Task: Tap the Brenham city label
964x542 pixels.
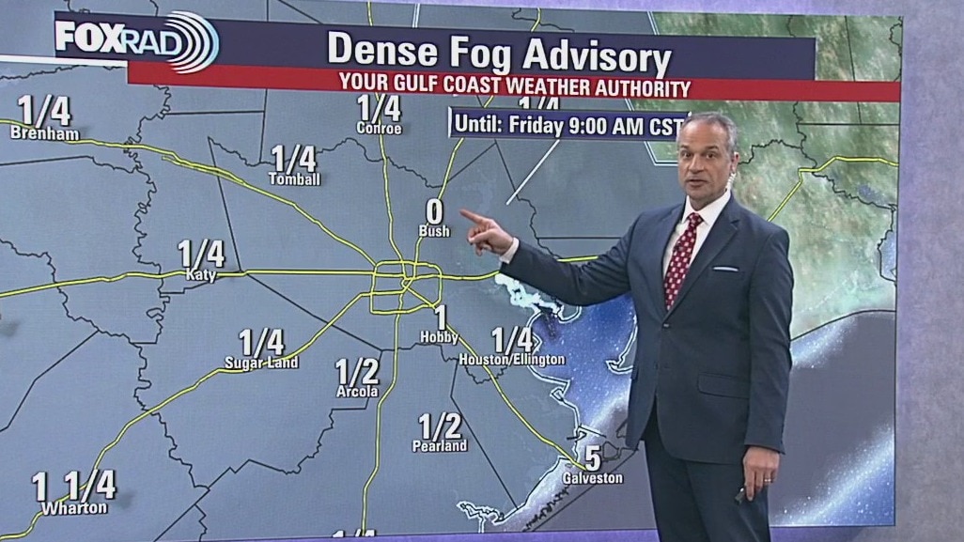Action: point(44,133)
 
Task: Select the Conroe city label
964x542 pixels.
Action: point(379,129)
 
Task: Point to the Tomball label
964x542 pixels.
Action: point(294,178)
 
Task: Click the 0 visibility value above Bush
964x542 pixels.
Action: point(434,212)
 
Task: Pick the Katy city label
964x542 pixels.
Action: point(201,275)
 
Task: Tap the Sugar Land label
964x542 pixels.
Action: point(261,363)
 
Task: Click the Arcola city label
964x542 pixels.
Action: point(357,391)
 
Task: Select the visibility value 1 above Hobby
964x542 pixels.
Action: point(440,317)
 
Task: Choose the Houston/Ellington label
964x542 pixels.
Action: point(512,359)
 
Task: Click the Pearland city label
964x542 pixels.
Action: point(440,446)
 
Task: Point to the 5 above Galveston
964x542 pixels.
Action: point(593,458)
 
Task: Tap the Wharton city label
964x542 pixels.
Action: point(74,508)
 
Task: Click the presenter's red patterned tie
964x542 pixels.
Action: point(680,259)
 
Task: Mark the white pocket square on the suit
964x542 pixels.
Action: point(724,269)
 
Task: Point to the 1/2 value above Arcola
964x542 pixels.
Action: point(357,371)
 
